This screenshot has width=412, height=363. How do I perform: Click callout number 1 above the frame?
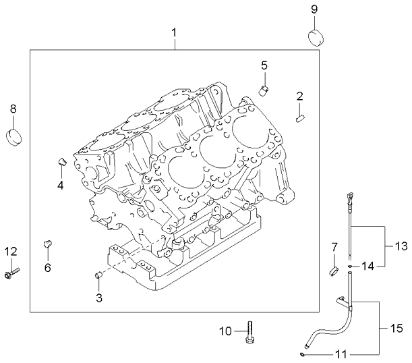pos(174,32)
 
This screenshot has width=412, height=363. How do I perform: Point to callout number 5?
pos(264,65)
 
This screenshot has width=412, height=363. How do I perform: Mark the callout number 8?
pos(13,108)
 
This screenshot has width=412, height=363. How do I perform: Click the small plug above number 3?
pos(98,275)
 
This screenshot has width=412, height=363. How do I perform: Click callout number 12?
pos(11,252)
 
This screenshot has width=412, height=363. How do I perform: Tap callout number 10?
pos(225,331)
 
